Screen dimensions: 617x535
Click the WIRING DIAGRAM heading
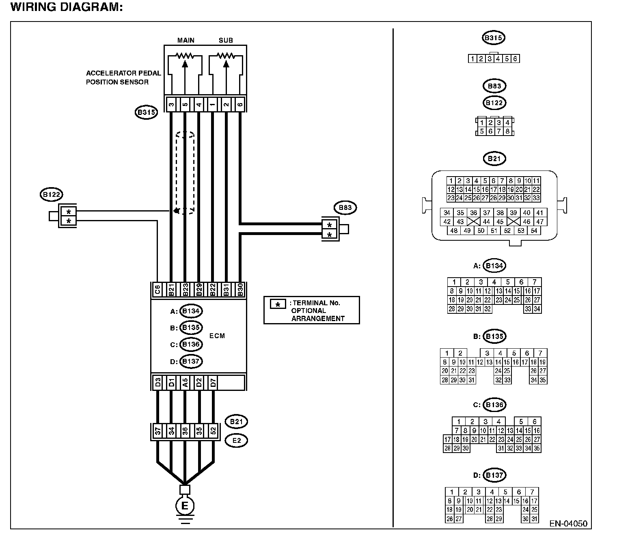coord(67,7)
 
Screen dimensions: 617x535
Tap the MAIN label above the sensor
coord(186,40)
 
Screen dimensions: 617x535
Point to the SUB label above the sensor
coord(226,40)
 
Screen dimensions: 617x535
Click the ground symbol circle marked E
coord(185,506)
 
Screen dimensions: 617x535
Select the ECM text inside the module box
coord(217,336)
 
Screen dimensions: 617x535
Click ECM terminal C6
coord(157,289)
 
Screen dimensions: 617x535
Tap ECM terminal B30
coord(240,289)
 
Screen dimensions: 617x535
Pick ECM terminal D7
coord(213,382)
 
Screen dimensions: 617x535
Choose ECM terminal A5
coord(185,382)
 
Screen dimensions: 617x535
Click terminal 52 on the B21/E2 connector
coord(213,431)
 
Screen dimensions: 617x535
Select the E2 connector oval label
coord(236,440)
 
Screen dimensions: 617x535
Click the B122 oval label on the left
coord(51,195)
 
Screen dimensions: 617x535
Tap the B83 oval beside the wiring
coord(345,207)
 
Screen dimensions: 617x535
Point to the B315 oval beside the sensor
coord(146,112)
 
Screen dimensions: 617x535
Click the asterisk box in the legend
coord(278,304)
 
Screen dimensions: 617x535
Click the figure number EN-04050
coord(568,524)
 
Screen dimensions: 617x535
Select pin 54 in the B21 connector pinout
coord(534,231)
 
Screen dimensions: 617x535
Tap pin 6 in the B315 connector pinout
coord(515,58)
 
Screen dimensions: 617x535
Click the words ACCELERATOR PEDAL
coord(123,73)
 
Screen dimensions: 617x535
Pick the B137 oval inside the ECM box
coord(191,361)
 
